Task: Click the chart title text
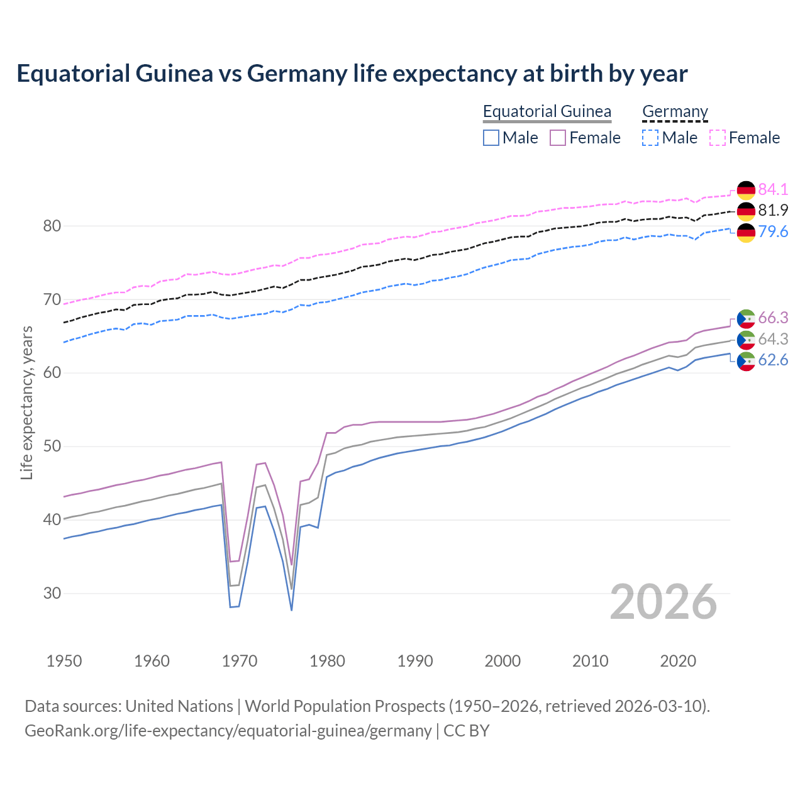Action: click(352, 74)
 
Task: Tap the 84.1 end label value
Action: click(773, 189)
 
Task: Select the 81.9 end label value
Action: click(773, 210)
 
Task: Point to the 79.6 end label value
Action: click(773, 231)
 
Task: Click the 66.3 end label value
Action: click(773, 318)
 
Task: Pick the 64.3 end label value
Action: click(773, 339)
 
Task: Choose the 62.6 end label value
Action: click(773, 360)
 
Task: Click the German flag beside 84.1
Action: click(746, 190)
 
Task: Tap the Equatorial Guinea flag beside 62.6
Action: click(746, 361)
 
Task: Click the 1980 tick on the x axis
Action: click(327, 661)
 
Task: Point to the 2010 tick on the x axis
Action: click(590, 661)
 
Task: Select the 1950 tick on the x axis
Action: click(64, 661)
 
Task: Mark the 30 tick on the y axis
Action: click(52, 593)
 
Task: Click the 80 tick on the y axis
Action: click(52, 226)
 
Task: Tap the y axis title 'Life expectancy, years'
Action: click(26, 402)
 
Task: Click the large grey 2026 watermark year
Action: click(663, 602)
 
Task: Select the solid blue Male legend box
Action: click(491, 138)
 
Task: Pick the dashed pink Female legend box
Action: click(718, 138)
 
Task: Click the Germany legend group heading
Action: click(675, 111)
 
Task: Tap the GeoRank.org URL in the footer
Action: click(228, 731)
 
